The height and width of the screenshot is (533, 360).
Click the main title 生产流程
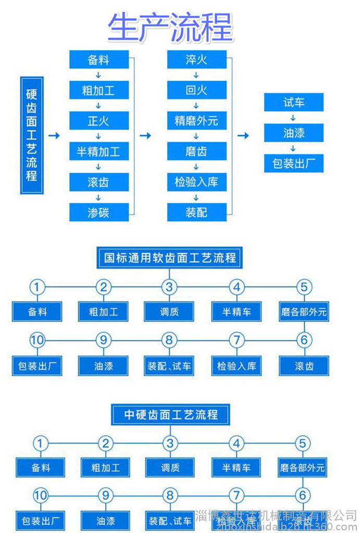tap(170, 28)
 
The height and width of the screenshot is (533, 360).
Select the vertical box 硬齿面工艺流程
tap(32, 135)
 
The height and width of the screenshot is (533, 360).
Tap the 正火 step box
tap(99, 121)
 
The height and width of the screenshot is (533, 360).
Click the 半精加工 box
tap(99, 151)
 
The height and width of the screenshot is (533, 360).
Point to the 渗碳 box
tap(99, 212)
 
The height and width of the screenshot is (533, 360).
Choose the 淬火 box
tap(196, 60)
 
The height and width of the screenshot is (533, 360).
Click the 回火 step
tap(196, 91)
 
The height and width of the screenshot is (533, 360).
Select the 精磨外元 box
tap(196, 121)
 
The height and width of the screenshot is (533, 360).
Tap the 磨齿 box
tap(196, 151)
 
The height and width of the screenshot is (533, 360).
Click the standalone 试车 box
tap(294, 103)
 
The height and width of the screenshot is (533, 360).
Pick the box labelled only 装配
tap(196, 212)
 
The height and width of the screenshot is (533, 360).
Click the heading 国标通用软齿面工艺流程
tap(170, 258)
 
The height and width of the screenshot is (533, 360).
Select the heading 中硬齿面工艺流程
tap(170, 415)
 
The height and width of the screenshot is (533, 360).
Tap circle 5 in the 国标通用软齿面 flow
tap(304, 287)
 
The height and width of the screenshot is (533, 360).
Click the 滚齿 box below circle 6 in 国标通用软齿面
tap(304, 366)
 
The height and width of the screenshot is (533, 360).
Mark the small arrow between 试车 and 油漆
tap(294, 118)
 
